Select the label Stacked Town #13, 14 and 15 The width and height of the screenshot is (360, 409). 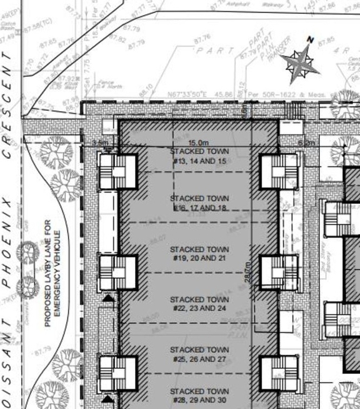click(199, 156)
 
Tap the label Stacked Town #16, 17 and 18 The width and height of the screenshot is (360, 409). click(199, 203)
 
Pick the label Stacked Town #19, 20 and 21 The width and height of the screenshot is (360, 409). click(199, 253)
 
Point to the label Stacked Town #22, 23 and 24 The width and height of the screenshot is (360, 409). click(199, 303)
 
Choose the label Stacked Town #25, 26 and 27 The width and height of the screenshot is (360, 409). click(199, 353)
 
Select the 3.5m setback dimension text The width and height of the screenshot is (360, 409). click(100, 143)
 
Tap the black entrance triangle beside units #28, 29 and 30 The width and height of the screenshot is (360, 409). click(109, 398)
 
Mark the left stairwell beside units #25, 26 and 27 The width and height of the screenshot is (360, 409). click(117, 373)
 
